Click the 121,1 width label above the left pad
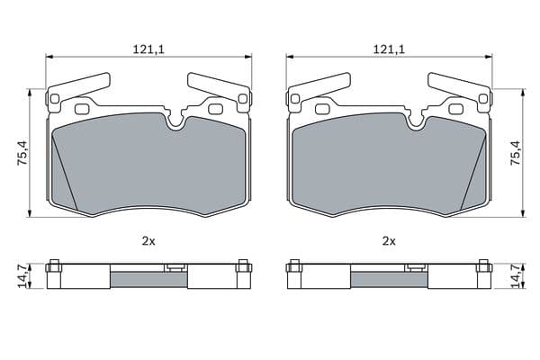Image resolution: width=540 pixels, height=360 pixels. point(148,50)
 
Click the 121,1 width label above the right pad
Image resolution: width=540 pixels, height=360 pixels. point(389,50)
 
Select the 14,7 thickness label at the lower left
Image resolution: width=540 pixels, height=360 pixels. point(23,276)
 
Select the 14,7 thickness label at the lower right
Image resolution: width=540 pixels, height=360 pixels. point(516,276)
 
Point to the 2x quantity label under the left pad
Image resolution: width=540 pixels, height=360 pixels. point(148,241)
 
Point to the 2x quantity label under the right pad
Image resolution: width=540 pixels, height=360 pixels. point(389,241)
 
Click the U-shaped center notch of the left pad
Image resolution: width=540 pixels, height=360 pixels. point(175,126)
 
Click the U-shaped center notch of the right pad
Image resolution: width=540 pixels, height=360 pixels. point(416,126)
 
